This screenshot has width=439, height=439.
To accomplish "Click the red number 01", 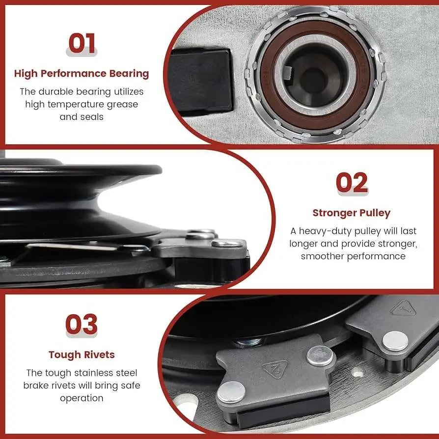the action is click(x=82, y=43).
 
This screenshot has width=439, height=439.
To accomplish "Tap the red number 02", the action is click(x=352, y=182).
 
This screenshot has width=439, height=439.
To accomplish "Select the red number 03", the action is click(x=82, y=324).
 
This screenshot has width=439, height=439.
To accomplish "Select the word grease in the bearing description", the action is click(x=122, y=105).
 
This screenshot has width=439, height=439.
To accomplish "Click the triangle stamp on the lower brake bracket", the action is click(x=275, y=368).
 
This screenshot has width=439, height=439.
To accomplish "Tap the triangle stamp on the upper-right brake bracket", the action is click(x=403, y=308).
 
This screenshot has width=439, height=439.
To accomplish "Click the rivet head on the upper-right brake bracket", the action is click(x=395, y=341).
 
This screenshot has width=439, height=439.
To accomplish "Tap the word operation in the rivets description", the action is click(x=82, y=398).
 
